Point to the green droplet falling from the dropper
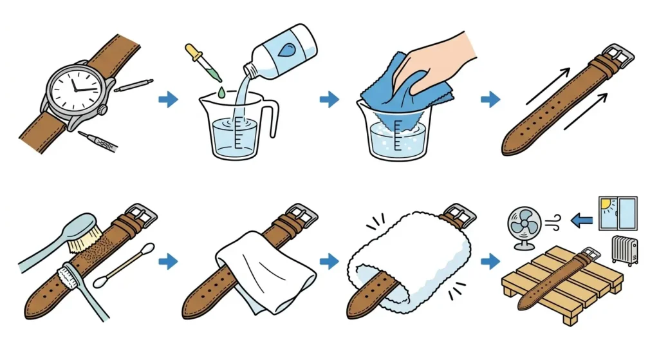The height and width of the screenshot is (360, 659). point(221,93)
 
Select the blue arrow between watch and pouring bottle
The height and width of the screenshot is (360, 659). point(168,99)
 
